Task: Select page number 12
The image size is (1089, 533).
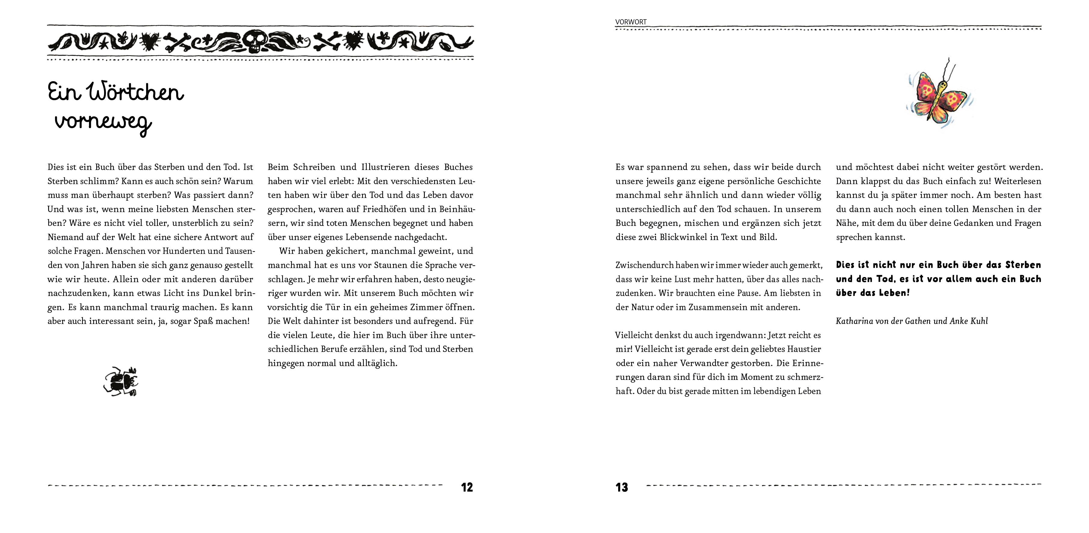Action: tap(467, 487)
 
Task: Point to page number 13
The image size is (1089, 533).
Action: tap(622, 487)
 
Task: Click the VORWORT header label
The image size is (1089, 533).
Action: tap(631, 22)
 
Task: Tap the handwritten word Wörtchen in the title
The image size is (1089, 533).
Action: tap(135, 92)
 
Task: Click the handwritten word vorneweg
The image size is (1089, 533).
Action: tap(103, 123)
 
